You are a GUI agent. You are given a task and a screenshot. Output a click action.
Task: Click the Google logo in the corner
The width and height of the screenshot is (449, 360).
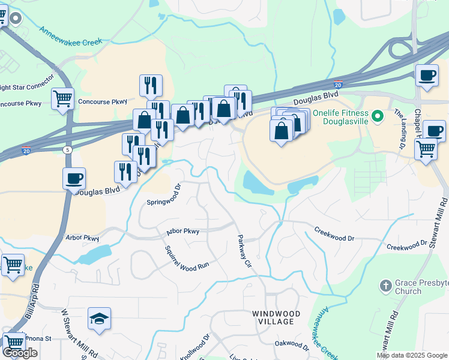pyautogui.click(x=20, y=353)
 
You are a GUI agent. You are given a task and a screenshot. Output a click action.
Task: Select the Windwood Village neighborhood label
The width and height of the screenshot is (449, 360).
pyautogui.click(x=273, y=317)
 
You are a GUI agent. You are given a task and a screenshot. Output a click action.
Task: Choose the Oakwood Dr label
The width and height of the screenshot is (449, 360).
pyautogui.click(x=291, y=344)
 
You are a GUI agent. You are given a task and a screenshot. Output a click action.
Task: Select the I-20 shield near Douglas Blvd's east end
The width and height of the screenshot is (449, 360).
pyautogui.click(x=339, y=85)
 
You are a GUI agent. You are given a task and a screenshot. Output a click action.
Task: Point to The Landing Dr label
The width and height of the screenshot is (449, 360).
pyautogui.click(x=399, y=128)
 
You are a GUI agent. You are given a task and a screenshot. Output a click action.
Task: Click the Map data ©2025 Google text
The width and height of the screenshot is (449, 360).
pyautogui.click(x=412, y=355)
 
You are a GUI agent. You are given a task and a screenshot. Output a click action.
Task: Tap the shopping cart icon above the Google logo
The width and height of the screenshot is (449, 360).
pyautogui.click(x=13, y=343)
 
